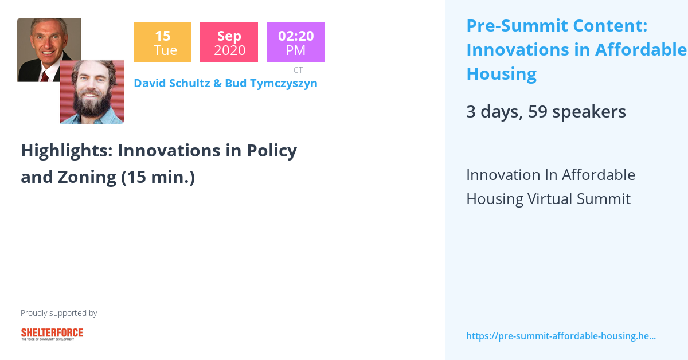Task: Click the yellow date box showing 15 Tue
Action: tap(162, 42)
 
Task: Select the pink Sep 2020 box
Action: tap(229, 42)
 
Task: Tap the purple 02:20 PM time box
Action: tap(295, 42)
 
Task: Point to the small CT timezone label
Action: tap(298, 70)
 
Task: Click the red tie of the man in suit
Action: tap(44, 76)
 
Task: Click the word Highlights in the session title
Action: tap(66, 151)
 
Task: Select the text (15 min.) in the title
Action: tap(158, 177)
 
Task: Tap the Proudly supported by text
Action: tap(58, 313)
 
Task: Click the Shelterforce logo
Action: tap(52, 334)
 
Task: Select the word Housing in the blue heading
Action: tap(501, 74)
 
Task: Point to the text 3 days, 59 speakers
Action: tap(546, 111)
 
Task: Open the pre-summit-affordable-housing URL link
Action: tap(561, 336)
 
